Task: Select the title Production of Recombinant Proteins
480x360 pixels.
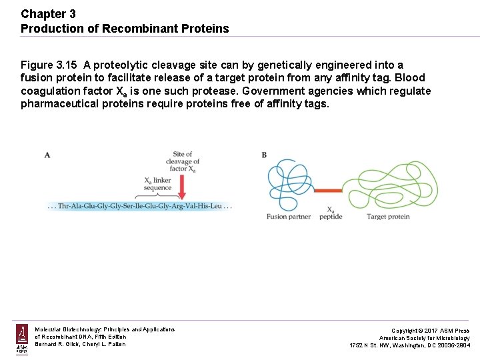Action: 125,29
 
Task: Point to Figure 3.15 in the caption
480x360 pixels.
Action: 49,65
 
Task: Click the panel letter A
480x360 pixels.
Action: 47,155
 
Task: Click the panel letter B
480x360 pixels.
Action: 264,155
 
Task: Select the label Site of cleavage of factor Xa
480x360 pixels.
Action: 182,161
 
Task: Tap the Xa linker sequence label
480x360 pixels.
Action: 158,184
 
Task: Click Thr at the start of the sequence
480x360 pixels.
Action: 65,207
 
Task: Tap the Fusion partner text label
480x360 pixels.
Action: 289,217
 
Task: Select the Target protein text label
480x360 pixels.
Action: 388,217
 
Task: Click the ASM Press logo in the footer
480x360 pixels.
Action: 22,339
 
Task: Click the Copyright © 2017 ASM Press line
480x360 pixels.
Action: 430,331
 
